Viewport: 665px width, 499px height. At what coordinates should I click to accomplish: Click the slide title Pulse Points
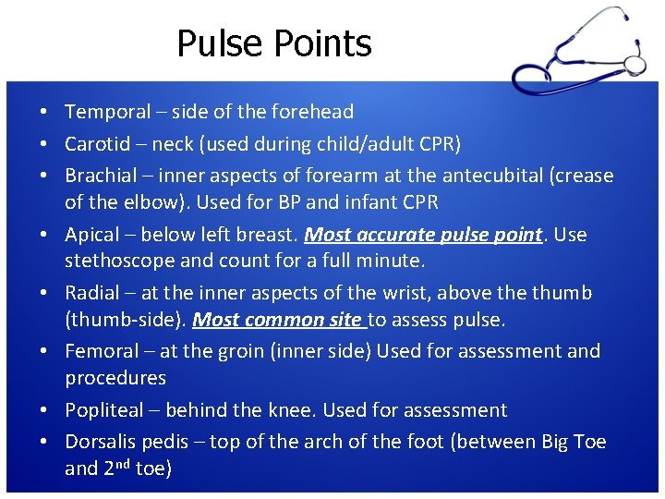(x=273, y=43)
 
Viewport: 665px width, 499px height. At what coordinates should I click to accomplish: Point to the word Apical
(x=92, y=235)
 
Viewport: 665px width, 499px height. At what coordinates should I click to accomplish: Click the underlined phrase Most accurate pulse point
(x=422, y=235)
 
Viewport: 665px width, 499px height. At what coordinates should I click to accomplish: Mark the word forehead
(x=312, y=112)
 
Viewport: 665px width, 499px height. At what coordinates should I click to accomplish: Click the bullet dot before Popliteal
(x=44, y=410)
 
